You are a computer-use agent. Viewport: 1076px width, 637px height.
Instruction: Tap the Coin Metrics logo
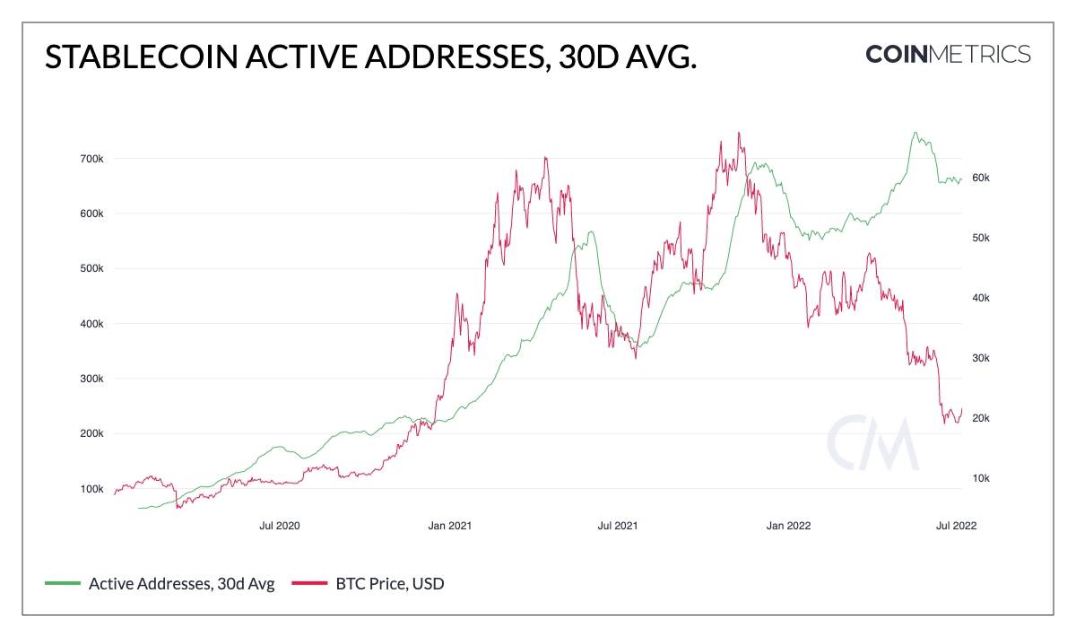click(948, 54)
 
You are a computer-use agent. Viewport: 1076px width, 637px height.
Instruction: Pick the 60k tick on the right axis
click(980, 178)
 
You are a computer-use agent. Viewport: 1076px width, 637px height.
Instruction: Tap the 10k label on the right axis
click(980, 478)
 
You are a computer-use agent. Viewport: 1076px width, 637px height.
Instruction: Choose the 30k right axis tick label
click(980, 358)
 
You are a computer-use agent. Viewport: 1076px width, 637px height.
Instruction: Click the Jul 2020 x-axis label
click(279, 526)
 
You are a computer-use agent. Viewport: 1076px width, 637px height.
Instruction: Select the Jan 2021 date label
click(448, 526)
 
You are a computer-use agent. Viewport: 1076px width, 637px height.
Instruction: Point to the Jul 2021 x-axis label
click(617, 526)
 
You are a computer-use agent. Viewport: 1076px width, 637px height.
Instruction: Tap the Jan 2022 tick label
click(788, 526)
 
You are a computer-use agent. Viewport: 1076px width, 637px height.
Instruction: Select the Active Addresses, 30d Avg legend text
click(181, 584)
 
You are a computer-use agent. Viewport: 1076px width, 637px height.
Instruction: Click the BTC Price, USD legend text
click(390, 584)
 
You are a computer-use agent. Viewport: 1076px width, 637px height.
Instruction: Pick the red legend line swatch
click(308, 584)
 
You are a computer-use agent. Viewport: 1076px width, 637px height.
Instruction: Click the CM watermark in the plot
click(872, 442)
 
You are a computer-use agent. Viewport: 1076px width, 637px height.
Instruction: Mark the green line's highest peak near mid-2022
click(915, 133)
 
